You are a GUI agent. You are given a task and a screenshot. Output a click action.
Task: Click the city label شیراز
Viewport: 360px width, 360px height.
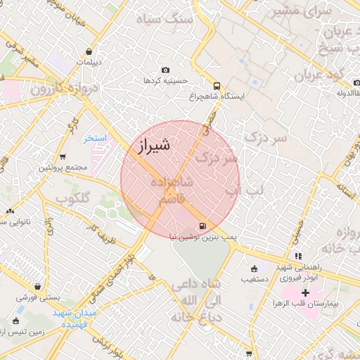pyautogui.click(x=150, y=147)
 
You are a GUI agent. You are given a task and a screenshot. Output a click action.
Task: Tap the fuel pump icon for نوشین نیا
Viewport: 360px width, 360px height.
pyautogui.click(x=203, y=226)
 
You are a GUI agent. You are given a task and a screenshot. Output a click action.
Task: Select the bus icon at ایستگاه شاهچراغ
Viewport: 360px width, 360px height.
pyautogui.click(x=215, y=83)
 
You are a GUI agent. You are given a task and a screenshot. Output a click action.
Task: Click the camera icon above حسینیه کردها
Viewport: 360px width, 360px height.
pyautogui.click(x=165, y=70)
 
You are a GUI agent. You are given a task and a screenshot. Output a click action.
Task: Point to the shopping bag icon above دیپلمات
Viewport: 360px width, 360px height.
pyautogui.click(x=89, y=51)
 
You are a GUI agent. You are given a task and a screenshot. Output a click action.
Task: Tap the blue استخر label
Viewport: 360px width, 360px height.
pyautogui.click(x=95, y=139)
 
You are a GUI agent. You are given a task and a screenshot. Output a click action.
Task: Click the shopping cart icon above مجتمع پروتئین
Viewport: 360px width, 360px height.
pyautogui.click(x=63, y=157)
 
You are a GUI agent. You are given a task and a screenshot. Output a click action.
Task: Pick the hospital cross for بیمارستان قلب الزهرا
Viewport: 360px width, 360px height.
pyautogui.click(x=305, y=292)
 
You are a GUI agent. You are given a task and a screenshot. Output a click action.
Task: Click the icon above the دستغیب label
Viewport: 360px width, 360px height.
pyautogui.click(x=254, y=268)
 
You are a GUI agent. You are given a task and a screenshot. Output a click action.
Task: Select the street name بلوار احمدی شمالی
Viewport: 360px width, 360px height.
pyautogui.click(x=116, y=271)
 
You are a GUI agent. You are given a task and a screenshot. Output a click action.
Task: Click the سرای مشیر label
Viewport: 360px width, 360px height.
pyautogui.click(x=310, y=11)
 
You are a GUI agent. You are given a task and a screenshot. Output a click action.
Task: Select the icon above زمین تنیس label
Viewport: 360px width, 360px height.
pyautogui.click(x=20, y=309)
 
